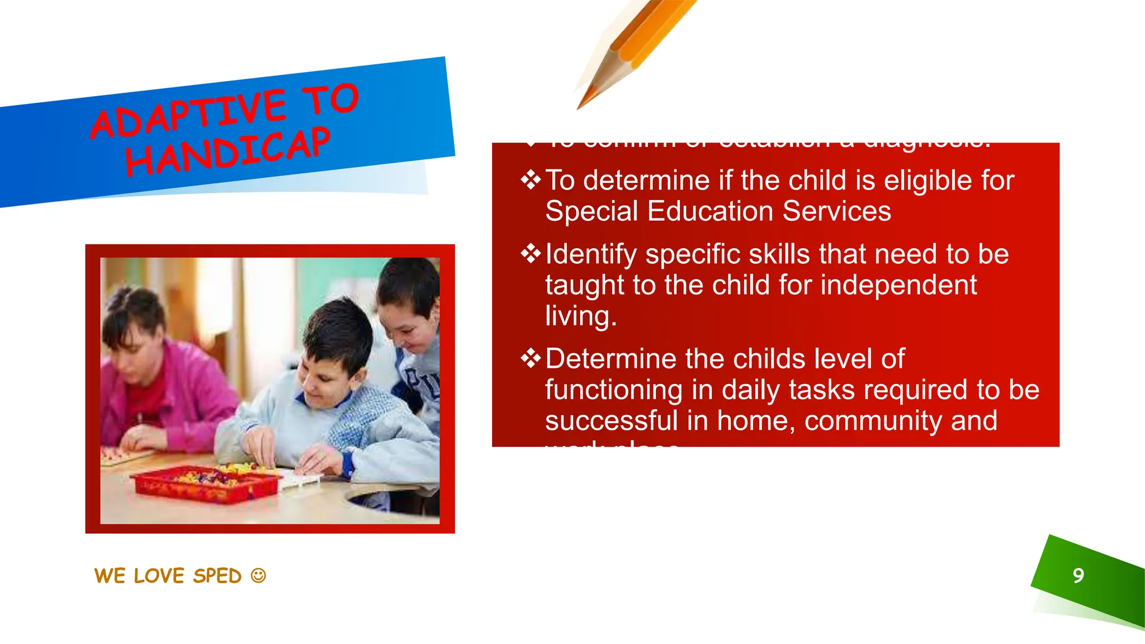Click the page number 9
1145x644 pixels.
tap(1078, 576)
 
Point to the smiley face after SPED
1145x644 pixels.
tap(258, 575)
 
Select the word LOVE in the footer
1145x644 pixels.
tap(159, 576)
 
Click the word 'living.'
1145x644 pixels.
tap(581, 316)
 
